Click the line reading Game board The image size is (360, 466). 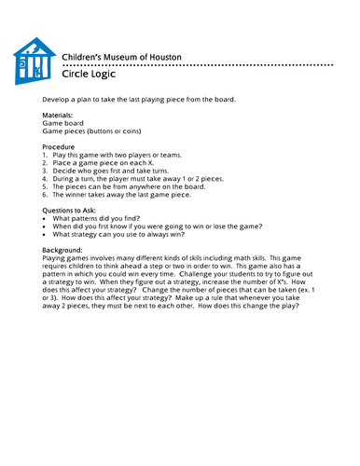(63, 123)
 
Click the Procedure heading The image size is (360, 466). (61, 146)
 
